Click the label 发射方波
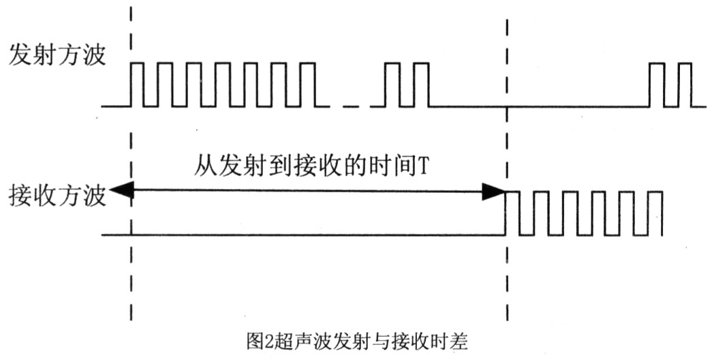(x=57, y=55)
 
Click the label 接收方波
(x=57, y=196)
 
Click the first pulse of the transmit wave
(x=137, y=84)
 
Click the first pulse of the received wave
(x=512, y=213)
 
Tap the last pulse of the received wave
(x=656, y=213)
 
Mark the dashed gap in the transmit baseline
(x=350, y=106)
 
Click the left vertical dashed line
(x=130, y=273)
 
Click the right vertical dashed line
(x=507, y=273)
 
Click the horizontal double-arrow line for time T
(x=307, y=193)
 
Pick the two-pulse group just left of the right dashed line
(x=407, y=84)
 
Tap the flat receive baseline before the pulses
(x=307, y=236)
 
